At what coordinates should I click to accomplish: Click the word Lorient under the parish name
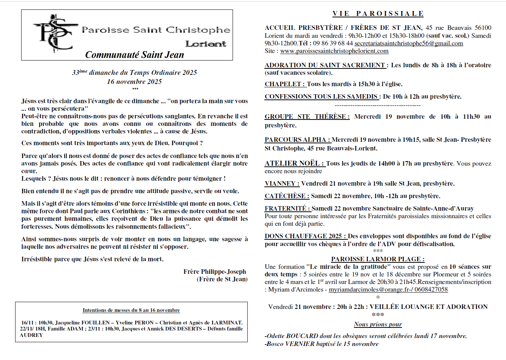(206, 44)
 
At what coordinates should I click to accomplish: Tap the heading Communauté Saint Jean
(135, 55)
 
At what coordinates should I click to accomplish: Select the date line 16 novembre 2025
(134, 82)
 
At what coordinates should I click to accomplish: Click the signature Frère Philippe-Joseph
(214, 272)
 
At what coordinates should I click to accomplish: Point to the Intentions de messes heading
(131, 310)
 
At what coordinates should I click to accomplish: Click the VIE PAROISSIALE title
(378, 14)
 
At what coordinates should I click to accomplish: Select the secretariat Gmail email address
(408, 43)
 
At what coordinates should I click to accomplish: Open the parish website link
(334, 51)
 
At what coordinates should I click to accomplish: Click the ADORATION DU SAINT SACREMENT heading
(325, 65)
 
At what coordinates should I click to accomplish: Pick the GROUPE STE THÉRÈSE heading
(307, 117)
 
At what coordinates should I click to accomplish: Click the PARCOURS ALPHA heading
(297, 140)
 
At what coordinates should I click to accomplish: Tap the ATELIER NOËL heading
(294, 164)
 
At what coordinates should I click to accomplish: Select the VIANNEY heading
(282, 184)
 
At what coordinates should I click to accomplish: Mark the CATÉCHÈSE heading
(287, 196)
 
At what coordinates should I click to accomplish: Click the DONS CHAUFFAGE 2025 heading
(305, 236)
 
